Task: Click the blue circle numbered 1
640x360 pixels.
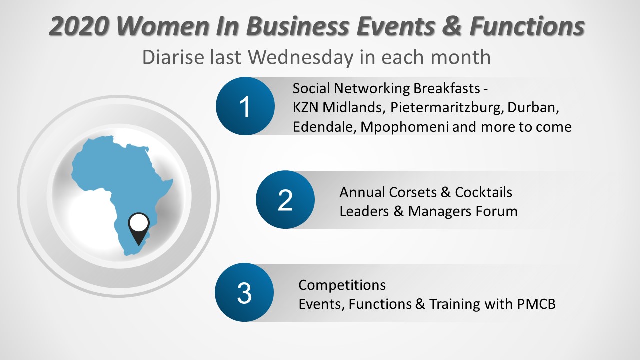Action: (x=245, y=106)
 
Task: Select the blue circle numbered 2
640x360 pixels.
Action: (x=285, y=200)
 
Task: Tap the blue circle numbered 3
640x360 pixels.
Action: (x=244, y=293)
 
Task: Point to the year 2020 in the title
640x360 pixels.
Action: (x=79, y=26)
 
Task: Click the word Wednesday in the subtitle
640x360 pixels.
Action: (x=301, y=57)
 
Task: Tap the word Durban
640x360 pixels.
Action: (x=533, y=108)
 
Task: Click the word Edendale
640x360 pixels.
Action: (x=325, y=127)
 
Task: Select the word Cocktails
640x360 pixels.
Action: (x=483, y=192)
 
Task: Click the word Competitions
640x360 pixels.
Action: (x=342, y=285)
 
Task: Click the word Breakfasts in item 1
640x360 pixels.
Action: (x=446, y=88)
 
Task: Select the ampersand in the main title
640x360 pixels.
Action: (x=451, y=26)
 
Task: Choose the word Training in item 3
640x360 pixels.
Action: (x=455, y=304)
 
